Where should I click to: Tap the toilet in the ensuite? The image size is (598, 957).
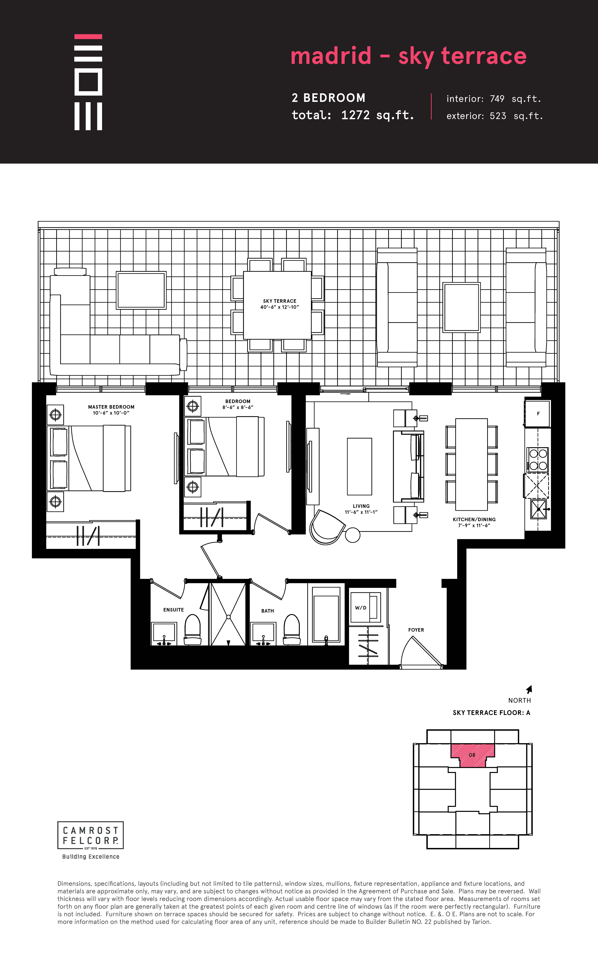click(193, 630)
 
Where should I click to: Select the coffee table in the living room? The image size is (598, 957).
click(359, 467)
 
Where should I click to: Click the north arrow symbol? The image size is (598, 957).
click(529, 689)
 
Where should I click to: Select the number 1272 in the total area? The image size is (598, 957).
click(355, 115)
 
